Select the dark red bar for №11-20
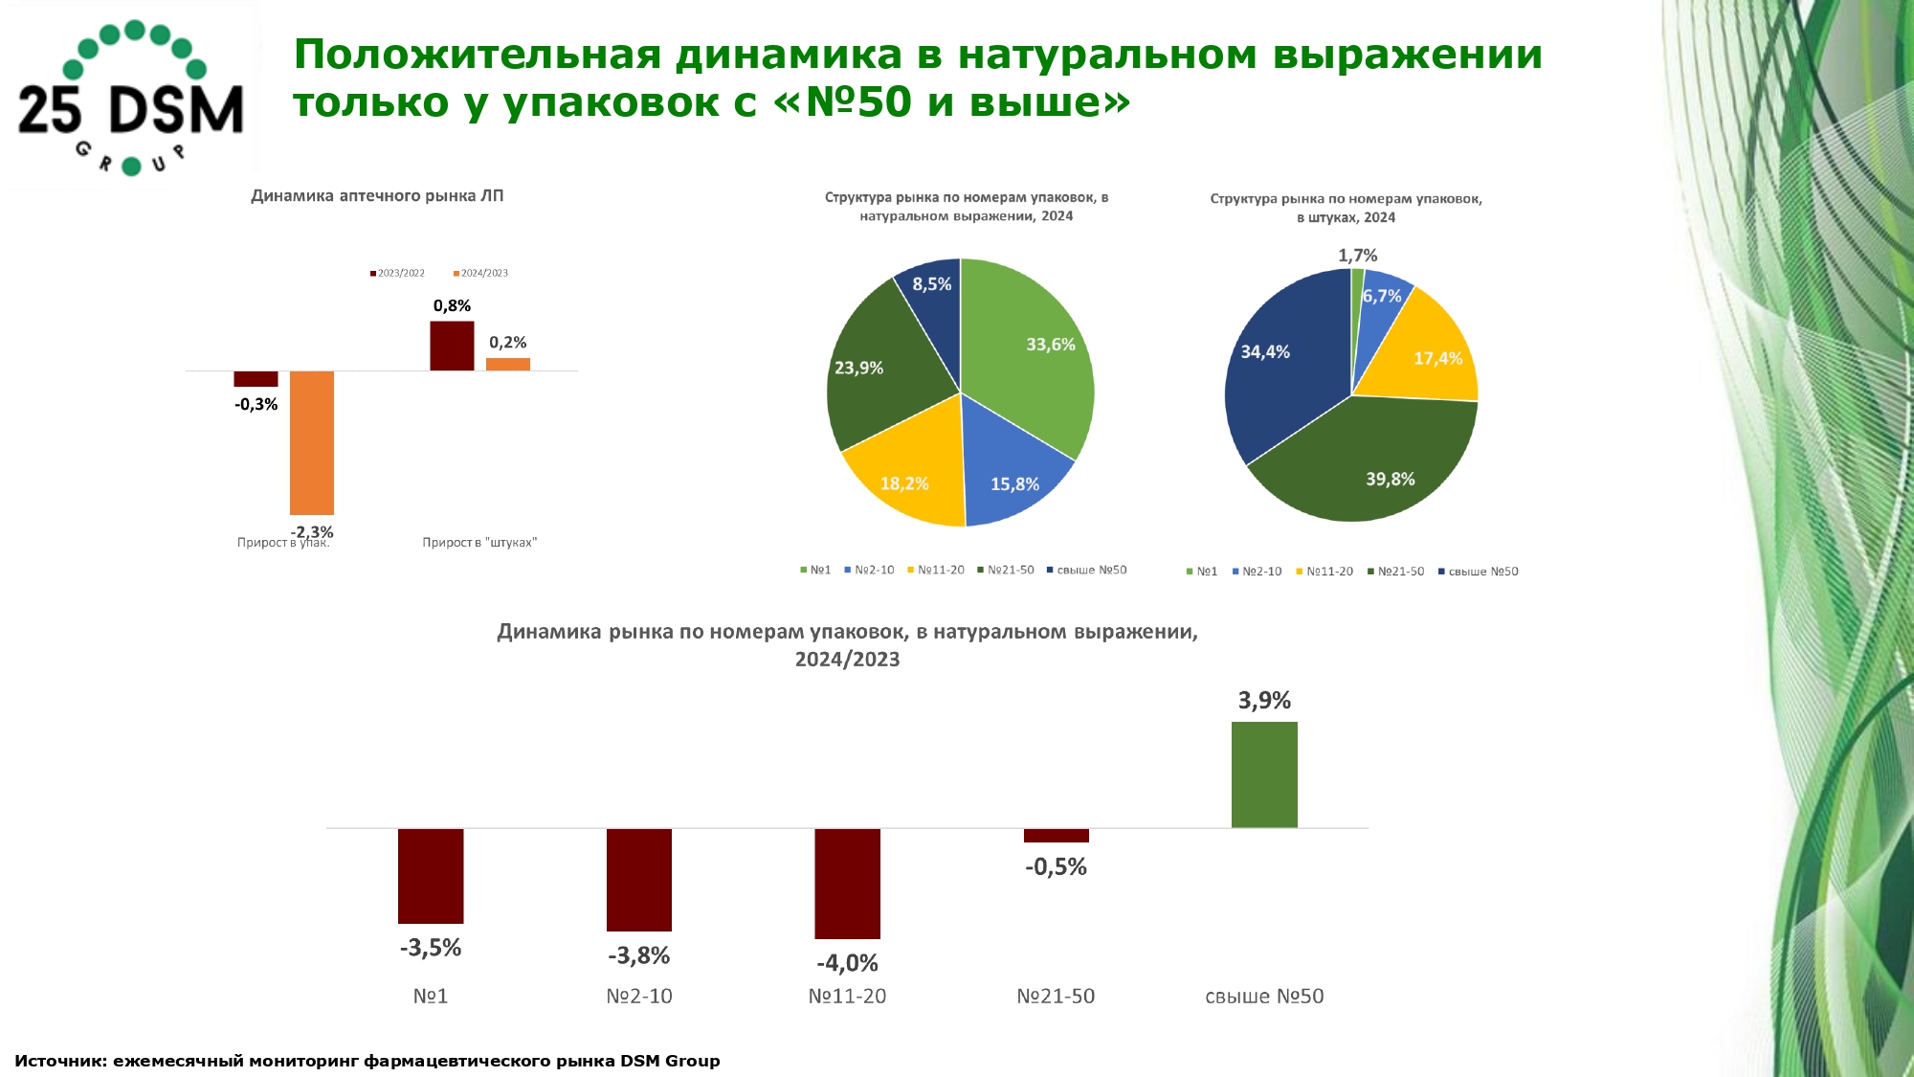tap(847, 883)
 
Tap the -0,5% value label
tap(1056, 867)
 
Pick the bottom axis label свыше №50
tap(1264, 997)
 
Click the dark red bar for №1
tap(431, 875)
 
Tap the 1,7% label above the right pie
tap(1357, 256)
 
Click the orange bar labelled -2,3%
tap(312, 442)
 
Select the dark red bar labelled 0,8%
tap(452, 346)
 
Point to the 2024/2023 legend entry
tap(480, 274)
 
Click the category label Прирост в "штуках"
tap(479, 543)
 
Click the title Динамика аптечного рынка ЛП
tap(377, 196)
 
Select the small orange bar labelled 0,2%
tap(508, 364)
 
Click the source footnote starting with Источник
tap(367, 1061)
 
